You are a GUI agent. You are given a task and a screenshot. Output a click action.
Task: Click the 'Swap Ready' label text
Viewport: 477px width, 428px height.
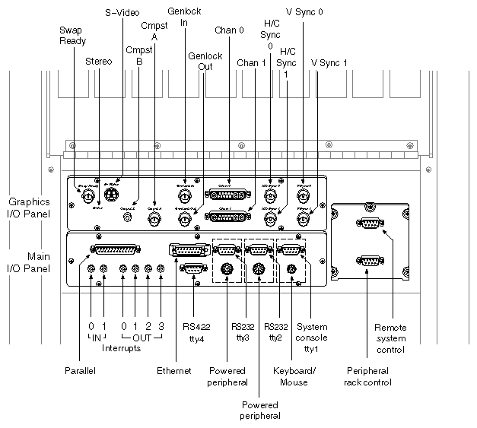pos(72,35)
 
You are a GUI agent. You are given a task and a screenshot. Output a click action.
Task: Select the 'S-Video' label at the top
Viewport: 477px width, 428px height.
pos(120,12)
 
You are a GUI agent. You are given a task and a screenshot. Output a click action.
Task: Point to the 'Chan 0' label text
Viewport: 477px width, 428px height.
pos(229,30)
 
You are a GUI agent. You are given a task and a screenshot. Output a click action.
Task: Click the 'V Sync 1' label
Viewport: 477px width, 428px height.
pos(329,62)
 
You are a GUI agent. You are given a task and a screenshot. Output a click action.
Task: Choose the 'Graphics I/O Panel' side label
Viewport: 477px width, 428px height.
pos(29,207)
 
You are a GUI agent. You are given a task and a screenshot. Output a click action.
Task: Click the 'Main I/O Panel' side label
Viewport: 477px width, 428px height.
pos(29,262)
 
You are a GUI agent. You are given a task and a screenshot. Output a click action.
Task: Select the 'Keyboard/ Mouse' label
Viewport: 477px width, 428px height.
pos(289,376)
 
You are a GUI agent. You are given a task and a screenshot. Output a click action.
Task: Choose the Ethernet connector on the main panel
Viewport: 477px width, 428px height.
pos(185,250)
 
